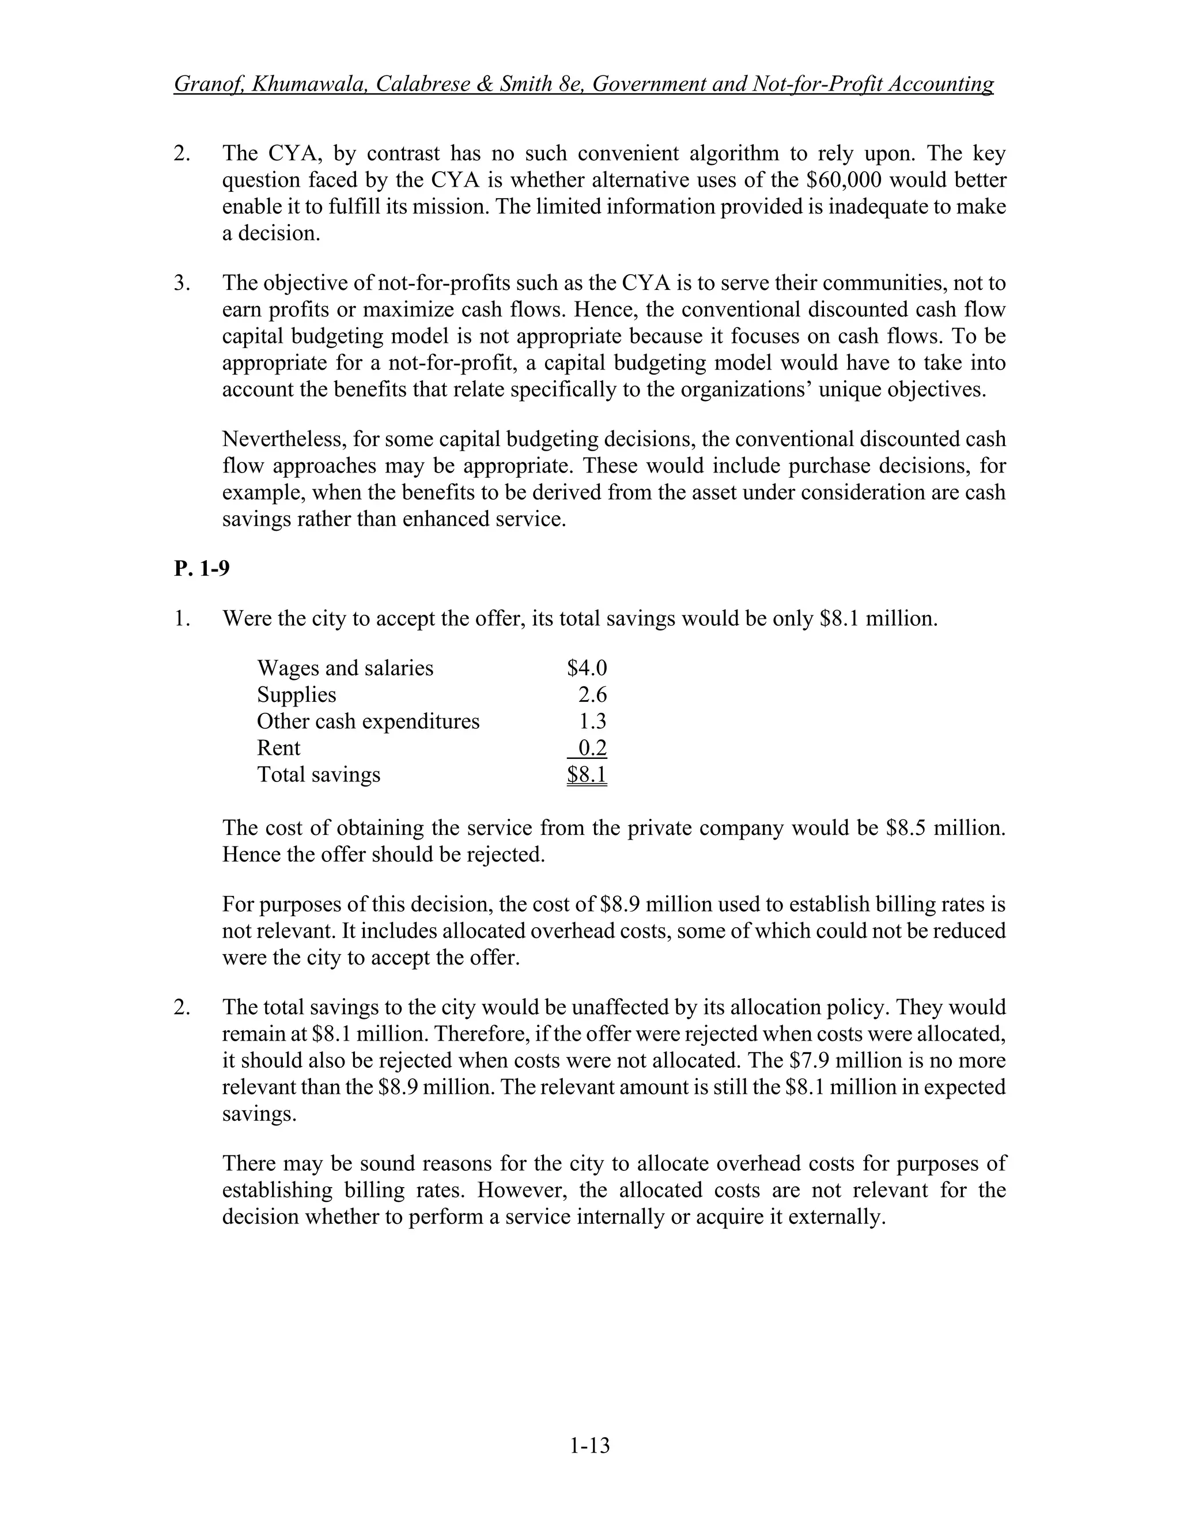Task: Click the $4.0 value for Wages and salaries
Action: pyautogui.click(x=587, y=668)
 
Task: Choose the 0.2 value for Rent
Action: pyautogui.click(x=593, y=747)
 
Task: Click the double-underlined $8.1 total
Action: pyautogui.click(x=587, y=774)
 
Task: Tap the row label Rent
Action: pyautogui.click(x=278, y=747)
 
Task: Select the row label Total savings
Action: pyautogui.click(x=318, y=774)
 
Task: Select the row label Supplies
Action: pyautogui.click(x=296, y=694)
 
